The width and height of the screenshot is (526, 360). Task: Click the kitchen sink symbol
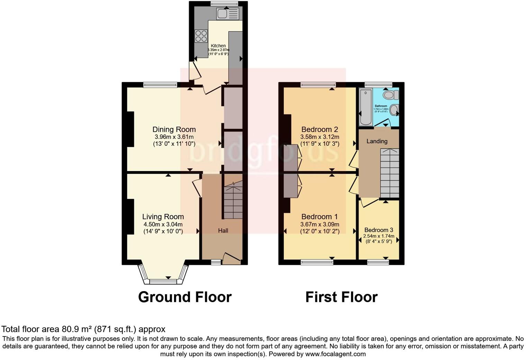[x=227, y=14]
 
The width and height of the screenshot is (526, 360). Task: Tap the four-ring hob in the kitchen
[x=201, y=36]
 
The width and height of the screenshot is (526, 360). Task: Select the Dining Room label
[x=174, y=129]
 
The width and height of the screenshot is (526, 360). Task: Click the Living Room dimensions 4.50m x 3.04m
[x=163, y=224]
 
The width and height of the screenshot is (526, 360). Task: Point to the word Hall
[x=223, y=231]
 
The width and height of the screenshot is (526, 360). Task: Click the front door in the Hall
[x=232, y=258]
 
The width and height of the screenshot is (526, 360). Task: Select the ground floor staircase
[x=233, y=201]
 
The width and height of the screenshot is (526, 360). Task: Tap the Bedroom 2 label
[x=319, y=129]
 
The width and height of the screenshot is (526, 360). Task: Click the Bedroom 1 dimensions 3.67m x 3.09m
[x=319, y=224]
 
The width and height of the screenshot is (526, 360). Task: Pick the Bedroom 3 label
[x=379, y=230]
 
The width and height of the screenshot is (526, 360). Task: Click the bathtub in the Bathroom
[x=365, y=107]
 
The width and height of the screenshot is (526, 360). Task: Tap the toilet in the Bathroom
[x=390, y=94]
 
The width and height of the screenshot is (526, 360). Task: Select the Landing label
[x=377, y=141]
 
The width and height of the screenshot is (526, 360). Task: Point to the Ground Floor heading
[x=185, y=297]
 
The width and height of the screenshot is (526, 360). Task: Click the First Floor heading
[x=341, y=297]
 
